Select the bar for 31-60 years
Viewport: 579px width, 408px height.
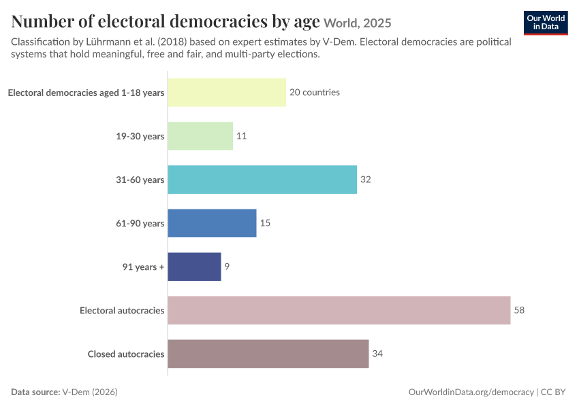coord(262,180)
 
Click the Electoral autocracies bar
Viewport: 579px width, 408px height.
coord(339,310)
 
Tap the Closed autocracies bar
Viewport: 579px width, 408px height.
coord(268,354)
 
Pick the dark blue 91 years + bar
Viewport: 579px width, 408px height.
coord(194,267)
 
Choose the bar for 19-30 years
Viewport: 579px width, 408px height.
coord(200,136)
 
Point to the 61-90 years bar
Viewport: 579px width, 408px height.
coord(212,223)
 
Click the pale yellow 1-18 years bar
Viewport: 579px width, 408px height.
coord(227,92)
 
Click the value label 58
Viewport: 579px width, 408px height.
coord(519,310)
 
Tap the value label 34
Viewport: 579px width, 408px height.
coord(377,354)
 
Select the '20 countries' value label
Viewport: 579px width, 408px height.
coord(315,92)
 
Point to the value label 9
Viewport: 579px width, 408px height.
coord(227,267)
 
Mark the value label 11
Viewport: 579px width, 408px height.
coord(242,136)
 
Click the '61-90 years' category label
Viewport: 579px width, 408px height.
coord(140,223)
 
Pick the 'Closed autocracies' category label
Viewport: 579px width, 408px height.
coord(126,354)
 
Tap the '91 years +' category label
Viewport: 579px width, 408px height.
coord(143,267)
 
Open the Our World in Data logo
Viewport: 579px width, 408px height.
coord(546,23)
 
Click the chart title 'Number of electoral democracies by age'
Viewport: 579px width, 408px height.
coord(166,21)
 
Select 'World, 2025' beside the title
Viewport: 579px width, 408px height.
coord(358,23)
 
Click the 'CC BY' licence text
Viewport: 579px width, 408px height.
coord(553,392)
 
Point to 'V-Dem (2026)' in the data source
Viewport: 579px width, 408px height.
coord(90,392)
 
